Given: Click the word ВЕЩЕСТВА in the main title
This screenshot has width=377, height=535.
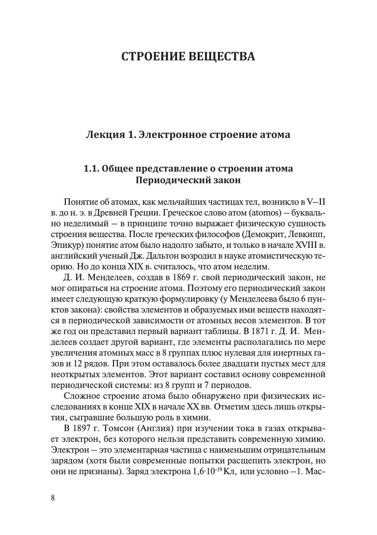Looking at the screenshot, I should [x=222, y=56].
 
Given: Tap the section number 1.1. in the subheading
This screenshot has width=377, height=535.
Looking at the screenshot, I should [x=93, y=169].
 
